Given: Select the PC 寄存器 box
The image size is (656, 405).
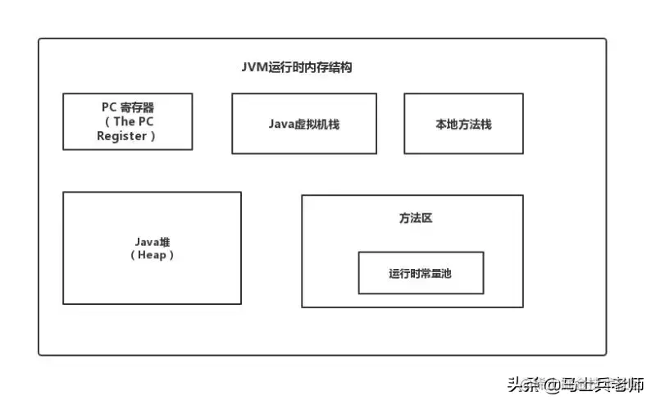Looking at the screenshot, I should coord(127,121).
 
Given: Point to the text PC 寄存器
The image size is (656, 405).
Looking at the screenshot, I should coord(127,107).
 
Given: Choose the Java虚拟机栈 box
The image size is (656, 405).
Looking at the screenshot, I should coord(303,123).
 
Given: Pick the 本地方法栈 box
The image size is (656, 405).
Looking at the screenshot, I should coord(463,123).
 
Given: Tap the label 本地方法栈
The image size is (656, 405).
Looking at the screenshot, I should coord(463,125).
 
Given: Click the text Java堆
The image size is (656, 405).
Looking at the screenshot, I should coord(153,242).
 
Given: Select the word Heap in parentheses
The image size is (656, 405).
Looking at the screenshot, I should coord(153,255).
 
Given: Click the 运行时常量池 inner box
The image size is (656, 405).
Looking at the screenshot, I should coord(421,273).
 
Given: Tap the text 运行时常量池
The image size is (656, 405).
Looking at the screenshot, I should coord(421,273).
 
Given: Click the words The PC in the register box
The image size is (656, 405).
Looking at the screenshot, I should coord(134,121).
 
